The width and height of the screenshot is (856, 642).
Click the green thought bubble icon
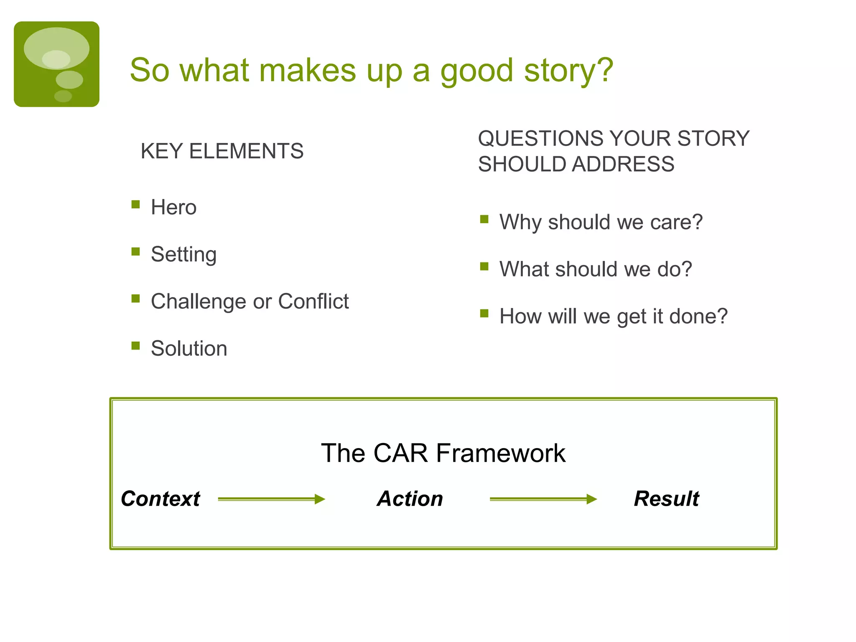[x=56, y=64]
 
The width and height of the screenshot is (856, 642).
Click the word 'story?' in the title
[x=568, y=70]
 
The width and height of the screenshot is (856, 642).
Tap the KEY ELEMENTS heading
[x=222, y=151]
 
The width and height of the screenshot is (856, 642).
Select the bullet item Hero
[x=173, y=207]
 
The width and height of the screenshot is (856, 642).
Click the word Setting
[x=183, y=254]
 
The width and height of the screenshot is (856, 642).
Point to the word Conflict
[x=313, y=301]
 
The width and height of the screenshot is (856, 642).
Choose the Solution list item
[x=189, y=349]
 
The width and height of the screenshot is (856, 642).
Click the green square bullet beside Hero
[x=135, y=204]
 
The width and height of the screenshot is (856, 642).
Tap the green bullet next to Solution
[x=135, y=346]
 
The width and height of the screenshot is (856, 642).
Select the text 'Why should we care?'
[x=601, y=222]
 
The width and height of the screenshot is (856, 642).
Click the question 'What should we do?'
[x=596, y=269]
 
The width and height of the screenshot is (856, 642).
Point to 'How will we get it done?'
[x=613, y=316]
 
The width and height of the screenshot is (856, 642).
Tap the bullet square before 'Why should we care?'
[x=484, y=219]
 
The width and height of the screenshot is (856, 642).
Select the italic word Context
[x=160, y=499]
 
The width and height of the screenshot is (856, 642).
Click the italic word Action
[x=410, y=499]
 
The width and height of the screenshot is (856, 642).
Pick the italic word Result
[x=666, y=499]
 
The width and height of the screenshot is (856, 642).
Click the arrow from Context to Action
[x=271, y=499]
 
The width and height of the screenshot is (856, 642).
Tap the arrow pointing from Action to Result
[x=543, y=499]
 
